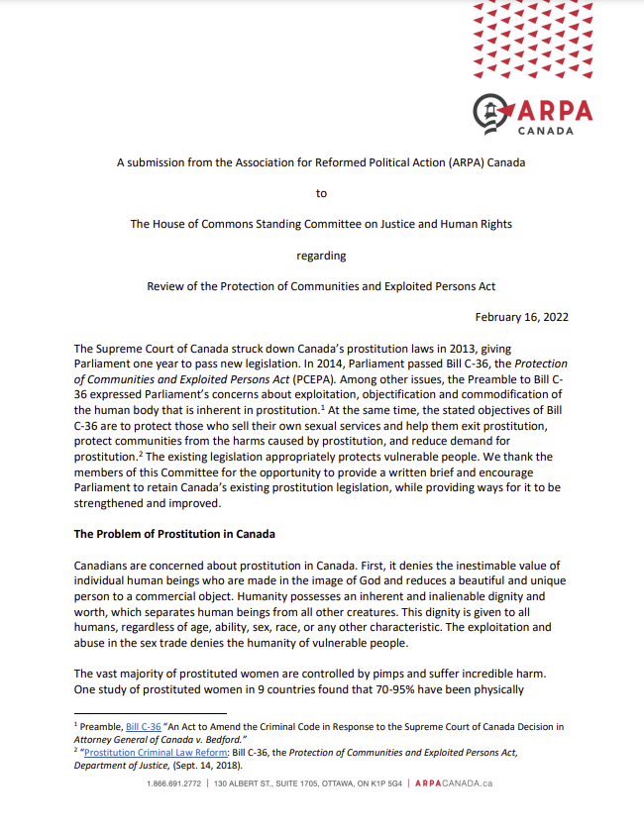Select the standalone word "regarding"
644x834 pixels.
click(321, 256)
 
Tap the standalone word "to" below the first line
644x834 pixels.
click(321, 193)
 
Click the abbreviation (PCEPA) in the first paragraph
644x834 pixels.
click(335, 377)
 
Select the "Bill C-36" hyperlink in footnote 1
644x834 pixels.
click(143, 726)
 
